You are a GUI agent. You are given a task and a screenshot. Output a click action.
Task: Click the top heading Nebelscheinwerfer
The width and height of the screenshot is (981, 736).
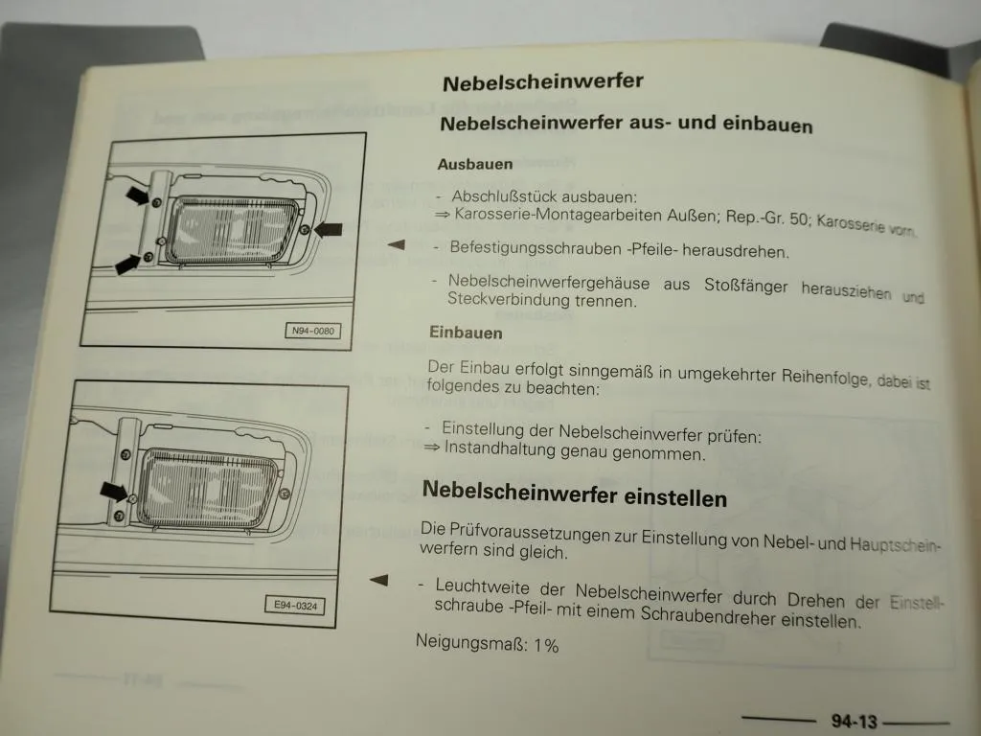pyautogui.click(x=542, y=81)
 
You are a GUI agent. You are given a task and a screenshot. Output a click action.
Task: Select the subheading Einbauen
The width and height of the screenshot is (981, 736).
pyautogui.click(x=466, y=333)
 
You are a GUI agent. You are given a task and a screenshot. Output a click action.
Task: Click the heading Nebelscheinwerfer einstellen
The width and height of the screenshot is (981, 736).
pyautogui.click(x=574, y=493)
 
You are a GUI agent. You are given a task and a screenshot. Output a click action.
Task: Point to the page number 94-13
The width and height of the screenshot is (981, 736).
pyautogui.click(x=855, y=722)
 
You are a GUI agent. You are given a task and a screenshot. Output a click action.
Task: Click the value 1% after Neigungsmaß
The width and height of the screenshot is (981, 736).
pyautogui.click(x=545, y=646)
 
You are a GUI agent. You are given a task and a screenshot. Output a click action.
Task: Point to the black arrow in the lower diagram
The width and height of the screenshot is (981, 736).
pyautogui.click(x=115, y=492)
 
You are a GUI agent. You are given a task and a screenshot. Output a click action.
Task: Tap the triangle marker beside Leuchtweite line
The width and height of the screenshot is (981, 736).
pyautogui.click(x=379, y=579)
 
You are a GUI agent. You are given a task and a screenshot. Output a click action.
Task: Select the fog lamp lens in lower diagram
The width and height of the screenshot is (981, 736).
pyautogui.click(x=206, y=490)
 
